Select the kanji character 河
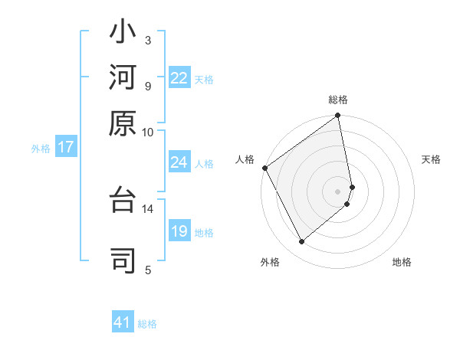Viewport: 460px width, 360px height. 123,78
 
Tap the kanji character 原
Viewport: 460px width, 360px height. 123,122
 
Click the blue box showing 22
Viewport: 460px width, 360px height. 179,78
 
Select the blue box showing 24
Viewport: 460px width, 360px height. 179,162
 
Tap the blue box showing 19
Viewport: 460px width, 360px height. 179,231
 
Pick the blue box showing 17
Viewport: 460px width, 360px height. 66,147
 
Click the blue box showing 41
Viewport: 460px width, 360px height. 123,322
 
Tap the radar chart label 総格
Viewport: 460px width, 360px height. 338,100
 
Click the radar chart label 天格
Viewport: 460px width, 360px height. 431,159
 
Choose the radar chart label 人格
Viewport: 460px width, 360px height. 245,159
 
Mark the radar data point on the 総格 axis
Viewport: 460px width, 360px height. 338,116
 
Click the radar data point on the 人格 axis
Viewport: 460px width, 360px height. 264,168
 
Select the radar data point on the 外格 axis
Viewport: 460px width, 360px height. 301,242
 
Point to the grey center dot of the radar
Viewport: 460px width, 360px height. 338,191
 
